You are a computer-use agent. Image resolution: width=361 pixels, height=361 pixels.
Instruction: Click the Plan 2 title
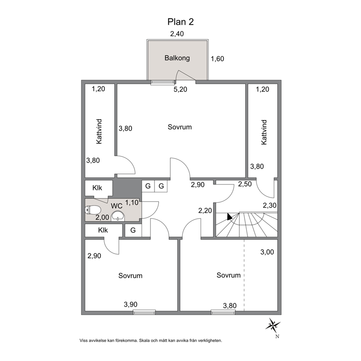(180, 22)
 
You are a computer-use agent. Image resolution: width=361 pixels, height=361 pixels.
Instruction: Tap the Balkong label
(177, 58)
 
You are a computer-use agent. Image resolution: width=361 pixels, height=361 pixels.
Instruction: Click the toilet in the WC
(92, 210)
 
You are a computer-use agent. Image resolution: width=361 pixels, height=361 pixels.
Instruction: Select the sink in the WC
(118, 217)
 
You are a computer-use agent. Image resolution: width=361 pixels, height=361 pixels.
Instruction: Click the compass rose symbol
(273, 325)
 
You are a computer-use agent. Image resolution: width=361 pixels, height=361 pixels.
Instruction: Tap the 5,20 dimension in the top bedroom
(180, 89)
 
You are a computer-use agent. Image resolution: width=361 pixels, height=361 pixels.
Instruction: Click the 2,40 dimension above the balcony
(177, 34)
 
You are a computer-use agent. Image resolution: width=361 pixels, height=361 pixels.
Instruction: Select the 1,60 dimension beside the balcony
(217, 59)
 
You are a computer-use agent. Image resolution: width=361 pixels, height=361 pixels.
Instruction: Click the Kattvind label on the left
(99, 131)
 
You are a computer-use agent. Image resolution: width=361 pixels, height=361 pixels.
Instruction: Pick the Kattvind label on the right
(264, 132)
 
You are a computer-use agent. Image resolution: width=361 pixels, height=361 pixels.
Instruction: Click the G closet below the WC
(133, 230)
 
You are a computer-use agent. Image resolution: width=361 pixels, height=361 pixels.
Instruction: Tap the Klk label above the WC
(97, 188)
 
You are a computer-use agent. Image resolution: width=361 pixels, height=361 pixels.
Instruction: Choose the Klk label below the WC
(103, 230)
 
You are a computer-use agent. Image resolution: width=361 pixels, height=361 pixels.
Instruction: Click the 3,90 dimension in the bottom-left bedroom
(131, 304)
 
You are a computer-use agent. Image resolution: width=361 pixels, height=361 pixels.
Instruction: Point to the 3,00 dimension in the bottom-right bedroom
(267, 252)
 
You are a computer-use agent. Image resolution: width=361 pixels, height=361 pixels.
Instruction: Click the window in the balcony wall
(162, 82)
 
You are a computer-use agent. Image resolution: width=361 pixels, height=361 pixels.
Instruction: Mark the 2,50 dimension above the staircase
(245, 184)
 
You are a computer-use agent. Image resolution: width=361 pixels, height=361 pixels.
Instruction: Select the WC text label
(116, 206)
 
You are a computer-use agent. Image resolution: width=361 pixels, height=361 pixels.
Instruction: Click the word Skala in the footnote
(144, 341)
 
